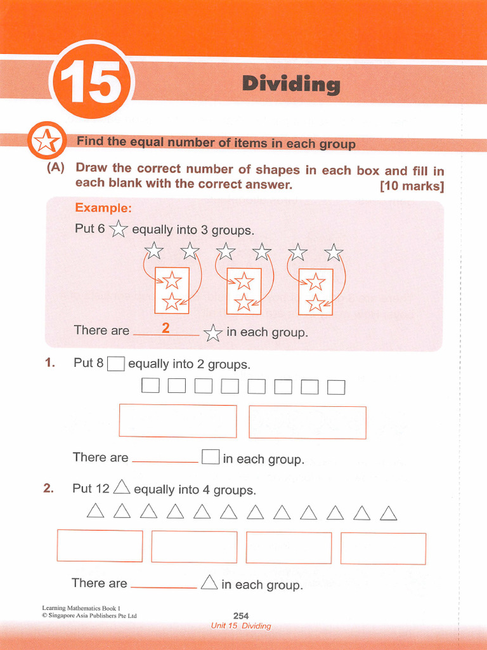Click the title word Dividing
coord(291,84)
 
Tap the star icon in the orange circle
coord(46,141)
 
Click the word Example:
coord(103,208)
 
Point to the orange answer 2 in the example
coord(166,328)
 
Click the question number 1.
coord(50,363)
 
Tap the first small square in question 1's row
coord(150,386)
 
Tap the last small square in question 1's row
coord(336,387)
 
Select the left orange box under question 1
coord(178,421)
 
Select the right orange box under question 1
coord(308,423)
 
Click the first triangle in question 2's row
coord(95,511)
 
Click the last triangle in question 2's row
coord(388,512)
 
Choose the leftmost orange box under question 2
coord(100,546)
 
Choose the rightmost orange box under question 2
coord(383,548)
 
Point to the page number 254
coord(241,615)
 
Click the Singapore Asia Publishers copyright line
coord(89,616)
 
